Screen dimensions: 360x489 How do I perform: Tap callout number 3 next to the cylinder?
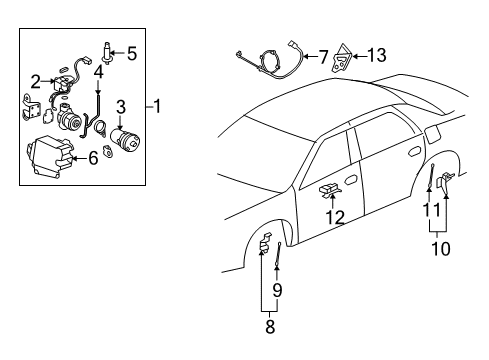click(x=120, y=105)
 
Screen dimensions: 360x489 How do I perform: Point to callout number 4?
click(x=98, y=71)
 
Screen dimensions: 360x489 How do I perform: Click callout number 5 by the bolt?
click(x=132, y=51)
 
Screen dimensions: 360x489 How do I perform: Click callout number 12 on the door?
click(x=334, y=216)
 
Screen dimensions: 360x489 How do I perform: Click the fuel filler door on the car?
click(x=432, y=133)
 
